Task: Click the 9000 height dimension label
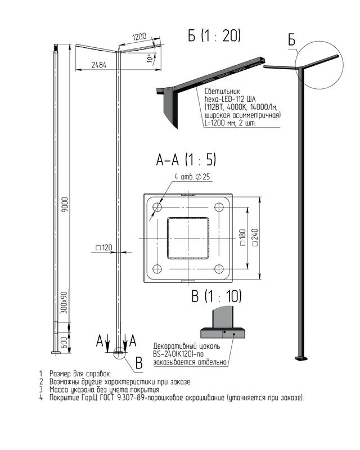[65, 205]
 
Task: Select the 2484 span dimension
[99, 65]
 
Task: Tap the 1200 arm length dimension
[139, 37]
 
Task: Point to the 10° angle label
[150, 58]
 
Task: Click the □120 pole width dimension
[103, 247]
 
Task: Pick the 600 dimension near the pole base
[65, 343]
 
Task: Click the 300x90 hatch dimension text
[65, 303]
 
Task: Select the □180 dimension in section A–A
[242, 237]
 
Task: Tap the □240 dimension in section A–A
[255, 237]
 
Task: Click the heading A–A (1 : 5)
[186, 160]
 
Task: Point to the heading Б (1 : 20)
[214, 35]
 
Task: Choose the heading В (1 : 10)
[217, 296]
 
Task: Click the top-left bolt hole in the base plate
[157, 207]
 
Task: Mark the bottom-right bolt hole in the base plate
[219, 269]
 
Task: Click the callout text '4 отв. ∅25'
[192, 177]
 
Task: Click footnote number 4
[41, 398]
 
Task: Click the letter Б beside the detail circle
[292, 40]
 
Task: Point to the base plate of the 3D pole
[301, 358]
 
